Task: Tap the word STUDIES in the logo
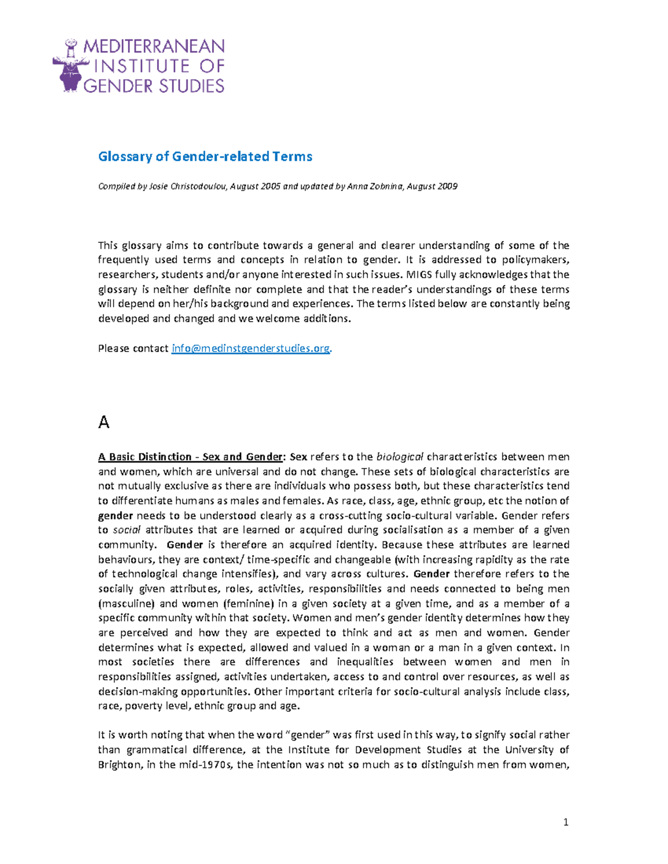(x=191, y=86)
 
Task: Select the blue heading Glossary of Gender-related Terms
(x=205, y=156)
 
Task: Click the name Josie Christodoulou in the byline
(x=188, y=186)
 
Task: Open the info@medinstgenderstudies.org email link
(x=250, y=348)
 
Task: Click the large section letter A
(x=104, y=423)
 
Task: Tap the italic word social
(x=126, y=530)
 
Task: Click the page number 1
(x=566, y=822)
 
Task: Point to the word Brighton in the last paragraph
(x=120, y=764)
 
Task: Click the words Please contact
(x=133, y=348)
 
